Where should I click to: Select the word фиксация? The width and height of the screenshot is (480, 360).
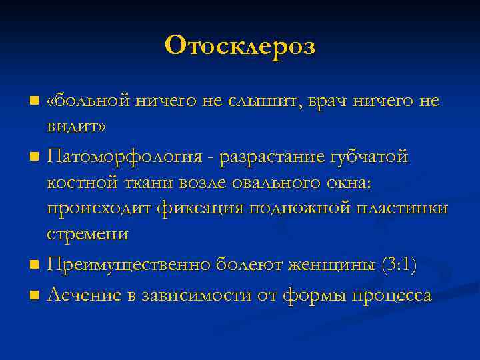coord(201,209)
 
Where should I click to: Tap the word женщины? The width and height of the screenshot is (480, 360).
coord(325,265)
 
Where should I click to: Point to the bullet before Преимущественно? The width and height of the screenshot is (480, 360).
coord(34,266)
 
